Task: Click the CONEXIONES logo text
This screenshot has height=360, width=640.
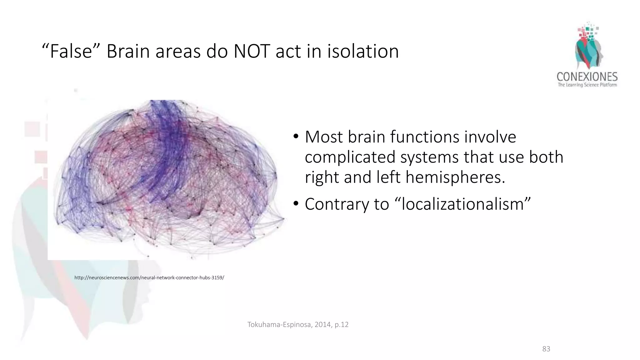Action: click(x=587, y=77)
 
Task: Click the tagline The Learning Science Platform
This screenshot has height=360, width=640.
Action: click(x=587, y=85)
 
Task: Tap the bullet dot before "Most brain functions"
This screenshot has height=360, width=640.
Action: click(x=296, y=137)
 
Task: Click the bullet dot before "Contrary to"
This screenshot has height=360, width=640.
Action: click(x=296, y=205)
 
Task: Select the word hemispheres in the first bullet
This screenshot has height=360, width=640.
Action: click(x=455, y=177)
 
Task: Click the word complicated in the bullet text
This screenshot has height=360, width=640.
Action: click(x=350, y=157)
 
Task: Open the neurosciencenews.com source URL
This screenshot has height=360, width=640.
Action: click(x=149, y=277)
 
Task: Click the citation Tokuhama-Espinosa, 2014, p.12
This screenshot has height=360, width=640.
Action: click(x=298, y=325)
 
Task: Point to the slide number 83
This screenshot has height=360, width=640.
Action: click(x=546, y=349)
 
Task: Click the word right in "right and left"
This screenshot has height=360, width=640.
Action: click(x=322, y=177)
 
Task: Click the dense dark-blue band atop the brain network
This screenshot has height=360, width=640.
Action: click(x=166, y=125)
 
